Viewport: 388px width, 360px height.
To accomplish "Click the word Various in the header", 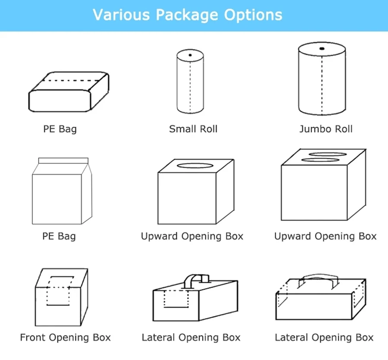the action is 121,15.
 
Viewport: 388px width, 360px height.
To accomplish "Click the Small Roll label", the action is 193,129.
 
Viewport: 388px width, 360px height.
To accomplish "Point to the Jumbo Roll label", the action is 326,129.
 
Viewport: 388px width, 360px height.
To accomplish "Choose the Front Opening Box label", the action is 66,338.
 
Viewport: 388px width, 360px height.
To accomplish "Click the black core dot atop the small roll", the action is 190,55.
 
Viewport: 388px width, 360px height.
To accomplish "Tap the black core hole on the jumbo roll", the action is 322,48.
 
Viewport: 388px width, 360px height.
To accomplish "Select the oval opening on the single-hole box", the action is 195,166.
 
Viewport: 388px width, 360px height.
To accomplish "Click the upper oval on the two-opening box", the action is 328,154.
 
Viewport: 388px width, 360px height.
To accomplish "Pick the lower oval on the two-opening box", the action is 320,160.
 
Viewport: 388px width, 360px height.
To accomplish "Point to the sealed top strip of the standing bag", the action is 63,160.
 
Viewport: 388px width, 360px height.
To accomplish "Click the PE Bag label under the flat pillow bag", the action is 60,129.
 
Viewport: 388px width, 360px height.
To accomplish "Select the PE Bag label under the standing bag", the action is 59,236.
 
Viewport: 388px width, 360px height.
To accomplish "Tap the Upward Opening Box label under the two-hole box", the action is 325,236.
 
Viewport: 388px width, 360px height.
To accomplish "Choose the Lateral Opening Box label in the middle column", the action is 191,338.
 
